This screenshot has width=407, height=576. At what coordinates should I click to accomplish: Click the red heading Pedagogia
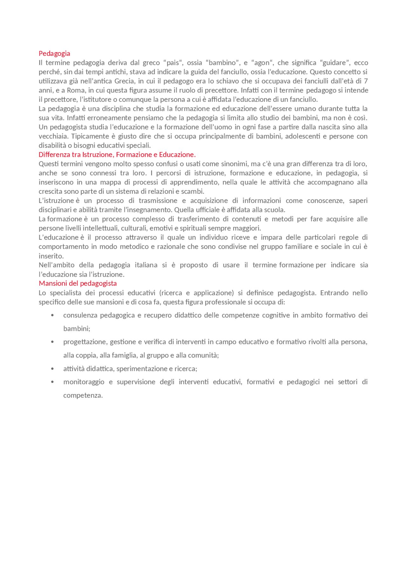click(x=54, y=53)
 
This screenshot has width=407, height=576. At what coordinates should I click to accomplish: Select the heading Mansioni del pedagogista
click(x=78, y=283)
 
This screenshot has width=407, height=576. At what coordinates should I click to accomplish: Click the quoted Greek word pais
click(x=173, y=63)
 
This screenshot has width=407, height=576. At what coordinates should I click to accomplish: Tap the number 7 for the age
click(x=366, y=81)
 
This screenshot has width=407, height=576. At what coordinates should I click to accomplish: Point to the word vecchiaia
click(x=53, y=136)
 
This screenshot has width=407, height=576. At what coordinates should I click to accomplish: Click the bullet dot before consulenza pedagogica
click(x=52, y=316)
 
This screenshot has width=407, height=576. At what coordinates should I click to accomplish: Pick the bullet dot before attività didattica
click(x=52, y=369)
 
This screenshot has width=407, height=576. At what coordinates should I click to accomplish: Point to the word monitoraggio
click(x=84, y=382)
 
